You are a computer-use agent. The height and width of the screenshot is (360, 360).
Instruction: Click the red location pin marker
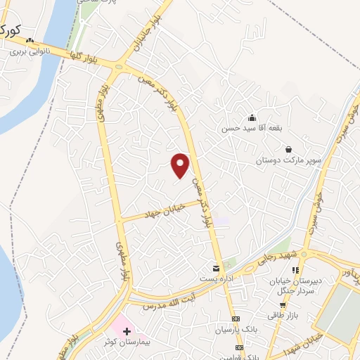pos(181,165)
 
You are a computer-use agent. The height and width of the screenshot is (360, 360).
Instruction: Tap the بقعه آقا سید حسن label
pos(252,128)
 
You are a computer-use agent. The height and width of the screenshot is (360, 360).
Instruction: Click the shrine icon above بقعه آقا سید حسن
pos(252,117)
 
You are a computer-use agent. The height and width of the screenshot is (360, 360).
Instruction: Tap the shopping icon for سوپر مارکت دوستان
pos(288,149)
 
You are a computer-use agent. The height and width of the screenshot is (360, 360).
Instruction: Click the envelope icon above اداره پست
pos(216,269)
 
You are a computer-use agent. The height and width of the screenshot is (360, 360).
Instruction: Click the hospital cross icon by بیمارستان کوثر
pos(126,330)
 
